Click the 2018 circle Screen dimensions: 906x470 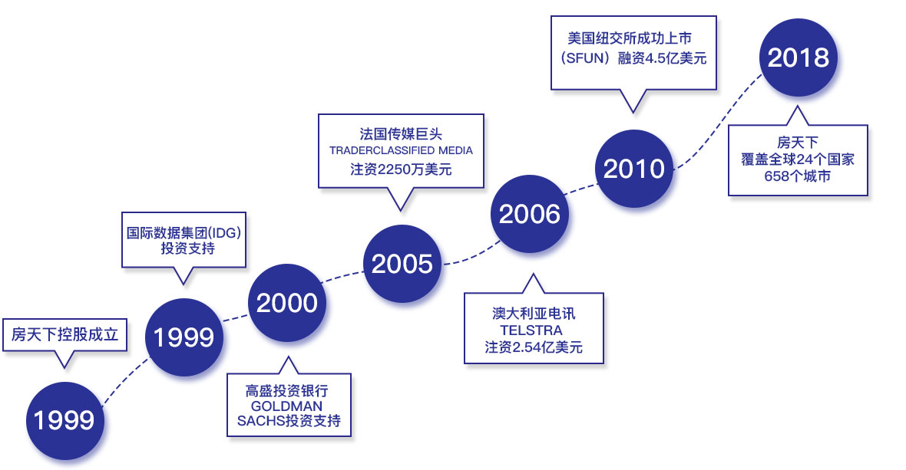798,58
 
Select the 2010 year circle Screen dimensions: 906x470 634,169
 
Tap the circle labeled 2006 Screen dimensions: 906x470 529,214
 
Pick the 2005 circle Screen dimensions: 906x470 402,264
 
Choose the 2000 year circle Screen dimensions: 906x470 286,303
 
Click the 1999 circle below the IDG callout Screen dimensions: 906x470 184,337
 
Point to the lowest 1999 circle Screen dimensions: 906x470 64,420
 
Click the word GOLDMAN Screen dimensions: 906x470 286,406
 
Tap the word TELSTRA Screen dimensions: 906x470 531,330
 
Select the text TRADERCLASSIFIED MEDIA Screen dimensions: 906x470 401,150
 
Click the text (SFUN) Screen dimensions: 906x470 585,58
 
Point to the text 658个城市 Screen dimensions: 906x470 798,176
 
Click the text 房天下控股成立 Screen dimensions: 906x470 64,334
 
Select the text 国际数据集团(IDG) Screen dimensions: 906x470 184,232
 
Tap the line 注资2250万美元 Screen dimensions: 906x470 401,169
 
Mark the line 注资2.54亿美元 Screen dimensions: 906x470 534,347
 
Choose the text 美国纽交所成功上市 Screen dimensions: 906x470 630,38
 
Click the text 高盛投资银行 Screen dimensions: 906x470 286,390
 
